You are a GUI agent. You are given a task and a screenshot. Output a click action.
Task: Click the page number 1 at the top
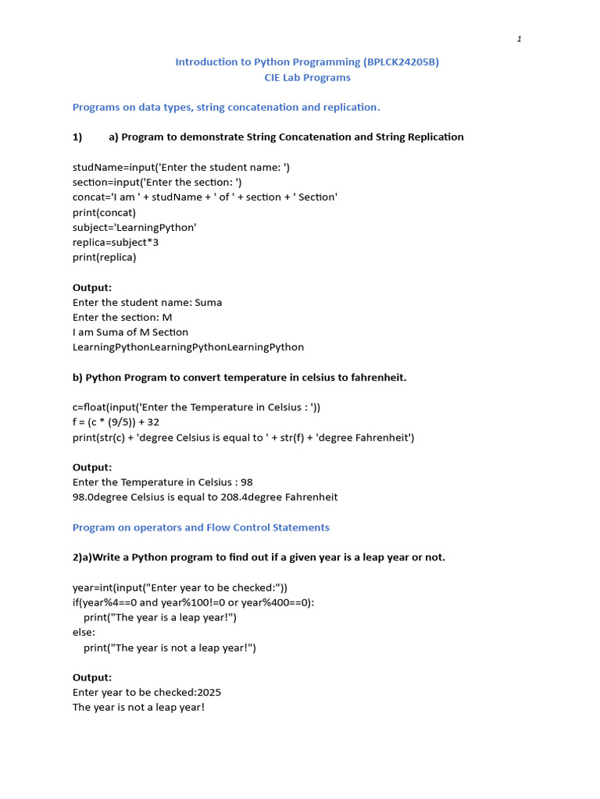pos(519,40)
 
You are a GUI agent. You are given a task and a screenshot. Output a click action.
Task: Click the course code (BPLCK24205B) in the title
pos(402,62)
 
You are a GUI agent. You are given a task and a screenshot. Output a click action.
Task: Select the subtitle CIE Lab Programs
pos(307,77)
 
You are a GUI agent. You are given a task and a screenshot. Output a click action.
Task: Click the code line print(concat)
pos(104,212)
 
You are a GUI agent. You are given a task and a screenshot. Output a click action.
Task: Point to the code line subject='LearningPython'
pos(134,227)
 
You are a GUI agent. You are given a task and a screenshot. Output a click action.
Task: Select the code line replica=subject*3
pos(116,242)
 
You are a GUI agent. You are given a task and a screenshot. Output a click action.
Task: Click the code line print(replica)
pos(104,257)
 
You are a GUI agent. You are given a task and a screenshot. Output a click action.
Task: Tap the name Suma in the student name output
pos(208,302)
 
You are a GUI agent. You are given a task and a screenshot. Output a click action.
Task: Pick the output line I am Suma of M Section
pos(130,332)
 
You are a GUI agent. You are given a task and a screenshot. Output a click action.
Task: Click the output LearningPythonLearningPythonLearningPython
pos(188,346)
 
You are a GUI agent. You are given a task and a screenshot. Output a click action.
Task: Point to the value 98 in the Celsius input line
pos(247,482)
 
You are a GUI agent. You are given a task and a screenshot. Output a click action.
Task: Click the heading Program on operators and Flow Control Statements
pos(201,527)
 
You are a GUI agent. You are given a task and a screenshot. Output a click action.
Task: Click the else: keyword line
pos(84,632)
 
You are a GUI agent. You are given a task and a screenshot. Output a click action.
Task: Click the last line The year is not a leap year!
pos(138,707)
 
